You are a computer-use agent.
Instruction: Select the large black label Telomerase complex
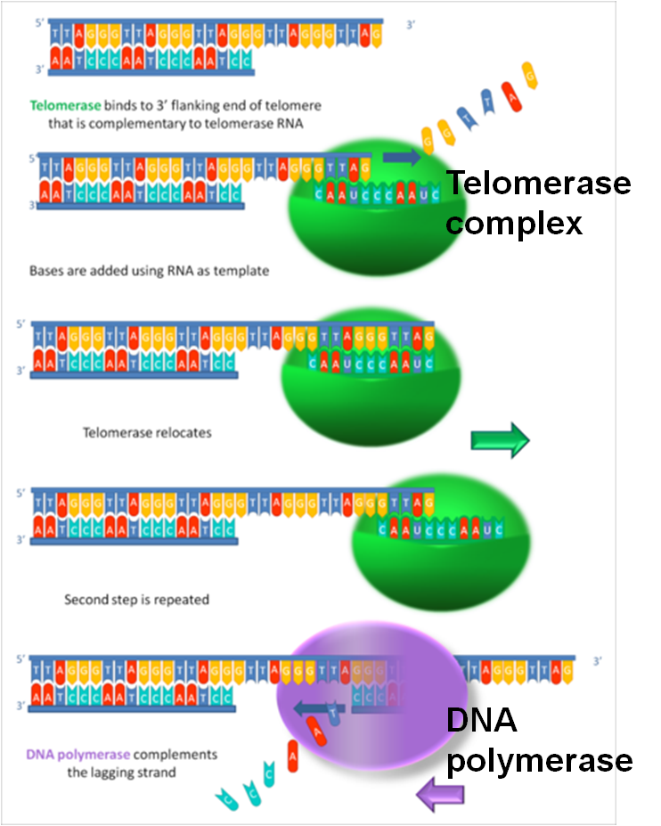pyautogui.click(x=537, y=203)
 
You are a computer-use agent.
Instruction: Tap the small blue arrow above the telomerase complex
pyautogui.click(x=402, y=158)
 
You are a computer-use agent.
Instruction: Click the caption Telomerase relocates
pyautogui.click(x=146, y=433)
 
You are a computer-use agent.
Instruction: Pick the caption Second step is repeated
pyautogui.click(x=136, y=600)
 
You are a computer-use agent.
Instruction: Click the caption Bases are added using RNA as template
pyautogui.click(x=149, y=270)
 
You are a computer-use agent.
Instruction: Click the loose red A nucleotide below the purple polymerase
pyautogui.click(x=293, y=757)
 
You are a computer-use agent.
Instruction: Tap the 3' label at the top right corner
pyautogui.click(x=411, y=26)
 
